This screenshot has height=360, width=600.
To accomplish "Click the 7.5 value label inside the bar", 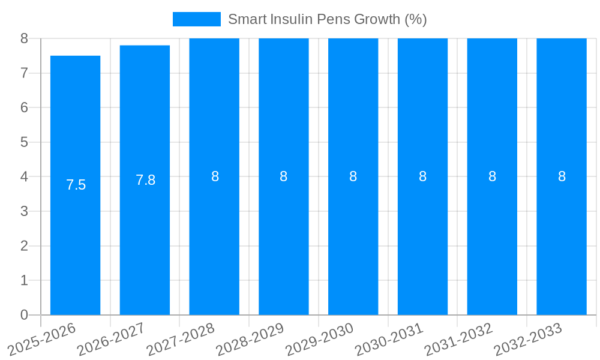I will (76, 185).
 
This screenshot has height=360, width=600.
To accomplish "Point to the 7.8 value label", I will (145, 180).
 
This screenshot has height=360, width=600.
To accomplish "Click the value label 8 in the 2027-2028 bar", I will (215, 176).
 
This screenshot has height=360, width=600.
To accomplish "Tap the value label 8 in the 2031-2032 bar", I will (492, 176).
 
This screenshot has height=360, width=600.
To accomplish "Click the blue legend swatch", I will (196, 19).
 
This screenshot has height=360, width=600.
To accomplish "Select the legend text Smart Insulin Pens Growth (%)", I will (327, 19).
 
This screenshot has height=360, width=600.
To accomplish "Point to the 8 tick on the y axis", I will (24, 38).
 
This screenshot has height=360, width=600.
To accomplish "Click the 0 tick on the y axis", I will (24, 315).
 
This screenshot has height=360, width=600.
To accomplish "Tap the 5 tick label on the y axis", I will (24, 142).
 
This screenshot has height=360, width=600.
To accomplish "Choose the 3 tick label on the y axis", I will (24, 211).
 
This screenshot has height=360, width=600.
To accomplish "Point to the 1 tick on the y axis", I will (24, 280).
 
